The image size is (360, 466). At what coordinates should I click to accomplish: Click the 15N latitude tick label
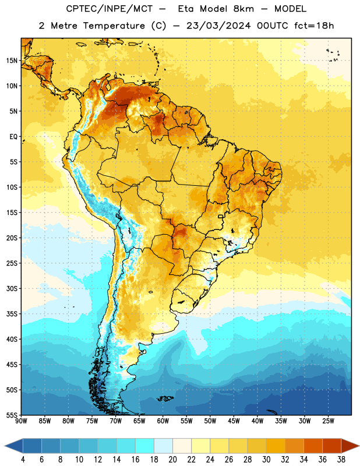tap(12, 61)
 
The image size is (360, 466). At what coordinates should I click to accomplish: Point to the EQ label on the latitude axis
tap(13, 137)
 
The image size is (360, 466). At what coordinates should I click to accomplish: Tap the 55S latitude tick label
tap(12, 415)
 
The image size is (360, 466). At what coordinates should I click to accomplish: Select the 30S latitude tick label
tap(12, 288)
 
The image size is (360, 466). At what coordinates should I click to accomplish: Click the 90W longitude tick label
tap(22, 421)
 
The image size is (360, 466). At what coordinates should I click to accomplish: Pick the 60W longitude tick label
tap(163, 421)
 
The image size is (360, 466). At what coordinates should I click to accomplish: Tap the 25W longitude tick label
tap(328, 421)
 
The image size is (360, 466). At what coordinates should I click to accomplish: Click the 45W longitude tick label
tap(234, 421)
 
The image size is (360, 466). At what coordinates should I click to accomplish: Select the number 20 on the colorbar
tap(172, 460)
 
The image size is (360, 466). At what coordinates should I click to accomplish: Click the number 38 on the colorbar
tap(341, 460)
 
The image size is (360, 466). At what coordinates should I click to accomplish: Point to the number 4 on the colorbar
tap(23, 460)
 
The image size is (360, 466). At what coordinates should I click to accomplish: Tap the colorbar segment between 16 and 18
tap(145, 446)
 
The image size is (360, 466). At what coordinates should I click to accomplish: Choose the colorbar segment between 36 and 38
tap(332, 446)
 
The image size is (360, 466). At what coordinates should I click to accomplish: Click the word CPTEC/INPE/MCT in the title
tap(110, 9)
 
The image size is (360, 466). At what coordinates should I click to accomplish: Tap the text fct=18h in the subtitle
tap(314, 26)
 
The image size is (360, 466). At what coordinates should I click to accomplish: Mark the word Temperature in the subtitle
tap(114, 26)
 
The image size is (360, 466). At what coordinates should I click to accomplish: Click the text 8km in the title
tap(243, 9)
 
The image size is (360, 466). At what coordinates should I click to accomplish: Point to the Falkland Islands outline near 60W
tap(165, 398)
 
